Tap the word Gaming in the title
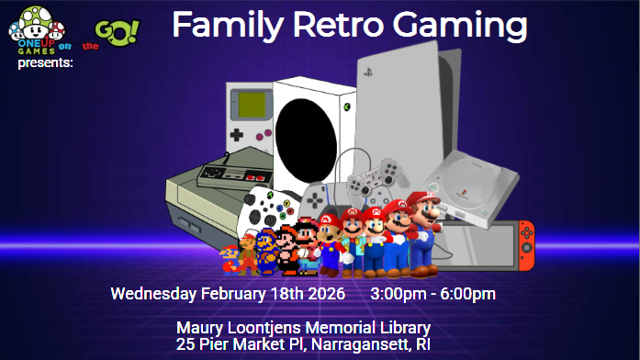[x=466, y=28]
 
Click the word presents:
[x=45, y=63]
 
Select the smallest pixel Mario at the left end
[x=230, y=260]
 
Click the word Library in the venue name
[x=400, y=328]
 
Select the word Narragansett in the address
[x=361, y=344]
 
